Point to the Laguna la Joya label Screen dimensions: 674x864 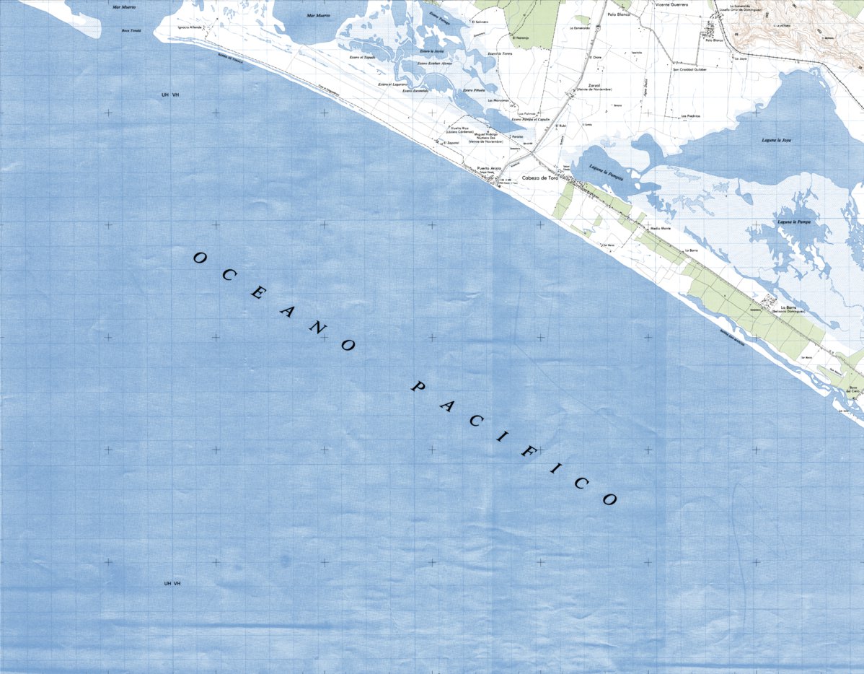point(776,140)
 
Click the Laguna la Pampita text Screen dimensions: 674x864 point(606,170)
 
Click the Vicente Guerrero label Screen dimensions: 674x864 point(671,4)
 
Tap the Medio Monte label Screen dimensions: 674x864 point(661,228)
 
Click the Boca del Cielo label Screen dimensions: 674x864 point(855,390)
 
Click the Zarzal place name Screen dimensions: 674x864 point(594,84)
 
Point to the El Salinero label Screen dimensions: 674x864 point(480,22)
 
